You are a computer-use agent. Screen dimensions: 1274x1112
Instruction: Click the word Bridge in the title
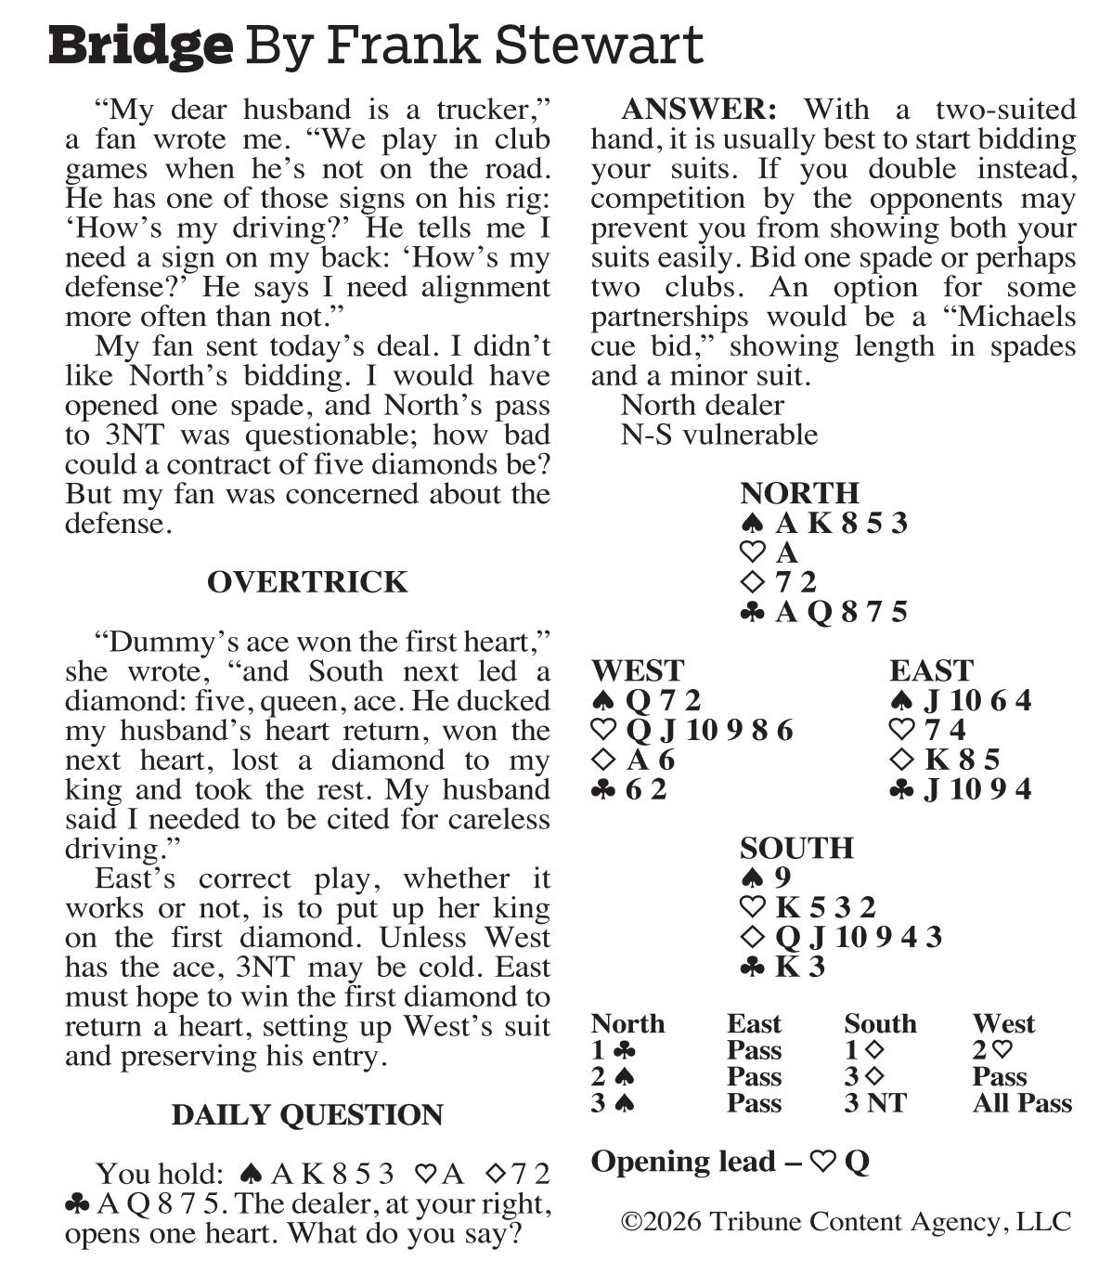pos(140,45)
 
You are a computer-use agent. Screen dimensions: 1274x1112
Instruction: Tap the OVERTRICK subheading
pos(307,582)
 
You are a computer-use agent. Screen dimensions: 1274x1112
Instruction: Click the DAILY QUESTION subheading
pos(307,1114)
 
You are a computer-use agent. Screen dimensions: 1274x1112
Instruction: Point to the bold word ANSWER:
pos(698,110)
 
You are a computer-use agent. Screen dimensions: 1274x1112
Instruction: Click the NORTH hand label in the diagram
pos(799,492)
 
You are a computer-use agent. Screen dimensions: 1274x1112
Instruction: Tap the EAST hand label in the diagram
pos(931,670)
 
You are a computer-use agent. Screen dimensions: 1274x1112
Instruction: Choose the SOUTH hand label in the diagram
pos(796,848)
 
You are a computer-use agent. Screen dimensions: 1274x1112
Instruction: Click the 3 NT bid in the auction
pos(874,1103)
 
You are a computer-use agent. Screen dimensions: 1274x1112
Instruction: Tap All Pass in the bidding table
pos(1022,1103)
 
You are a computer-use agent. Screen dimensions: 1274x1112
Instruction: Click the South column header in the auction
pos(880,1023)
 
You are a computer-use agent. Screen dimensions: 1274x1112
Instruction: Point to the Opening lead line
pos(730,1162)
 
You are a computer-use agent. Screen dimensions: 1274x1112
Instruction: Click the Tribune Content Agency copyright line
pos(846,1221)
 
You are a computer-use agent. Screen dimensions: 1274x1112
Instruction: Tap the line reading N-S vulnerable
pos(718,435)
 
